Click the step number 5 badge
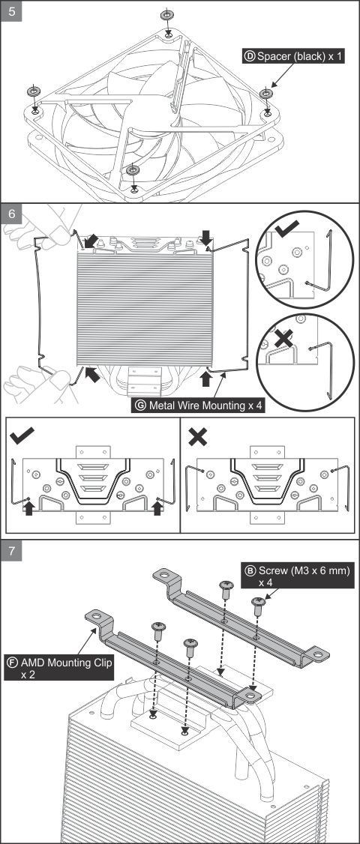pos(11,10)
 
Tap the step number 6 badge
pos(11,214)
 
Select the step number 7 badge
pos(11,551)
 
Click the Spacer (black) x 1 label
pos(292,55)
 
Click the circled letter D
pos(250,55)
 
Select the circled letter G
pos(141,406)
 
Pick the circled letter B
pos(250,570)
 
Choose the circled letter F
pos(12,662)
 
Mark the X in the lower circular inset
pos(284,337)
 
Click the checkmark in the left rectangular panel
pos(22,435)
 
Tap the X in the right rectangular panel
pos(198,436)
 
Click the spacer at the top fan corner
pos(167,14)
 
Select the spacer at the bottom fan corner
pos(133,171)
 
